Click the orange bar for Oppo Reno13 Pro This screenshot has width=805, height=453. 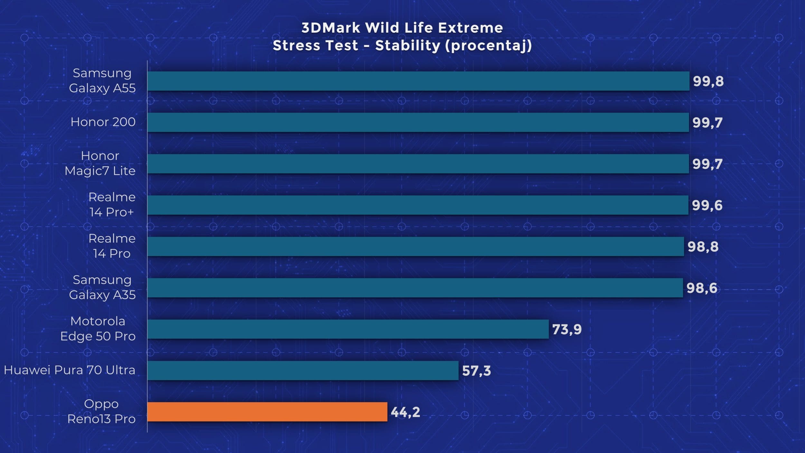click(267, 411)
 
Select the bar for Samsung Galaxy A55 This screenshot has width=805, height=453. click(418, 81)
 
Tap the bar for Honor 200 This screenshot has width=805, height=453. click(418, 122)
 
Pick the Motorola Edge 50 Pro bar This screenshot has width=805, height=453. click(348, 329)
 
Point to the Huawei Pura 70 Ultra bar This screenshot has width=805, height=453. click(303, 370)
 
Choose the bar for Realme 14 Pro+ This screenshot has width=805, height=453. click(418, 205)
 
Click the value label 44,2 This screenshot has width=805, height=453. click(405, 412)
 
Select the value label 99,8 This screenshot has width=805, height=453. click(708, 81)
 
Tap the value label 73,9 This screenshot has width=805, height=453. click(567, 329)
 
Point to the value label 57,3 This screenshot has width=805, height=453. click(476, 371)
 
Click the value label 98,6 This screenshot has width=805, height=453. click(702, 288)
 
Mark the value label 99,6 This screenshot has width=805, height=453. click(707, 205)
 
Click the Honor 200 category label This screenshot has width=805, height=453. click(103, 122)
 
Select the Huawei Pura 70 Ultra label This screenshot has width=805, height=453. click(70, 370)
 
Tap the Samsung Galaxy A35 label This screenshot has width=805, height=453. click(102, 287)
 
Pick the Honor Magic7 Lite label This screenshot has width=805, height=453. click(100, 163)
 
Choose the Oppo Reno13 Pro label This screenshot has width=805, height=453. click(101, 411)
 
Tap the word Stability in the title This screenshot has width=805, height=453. click(407, 46)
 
